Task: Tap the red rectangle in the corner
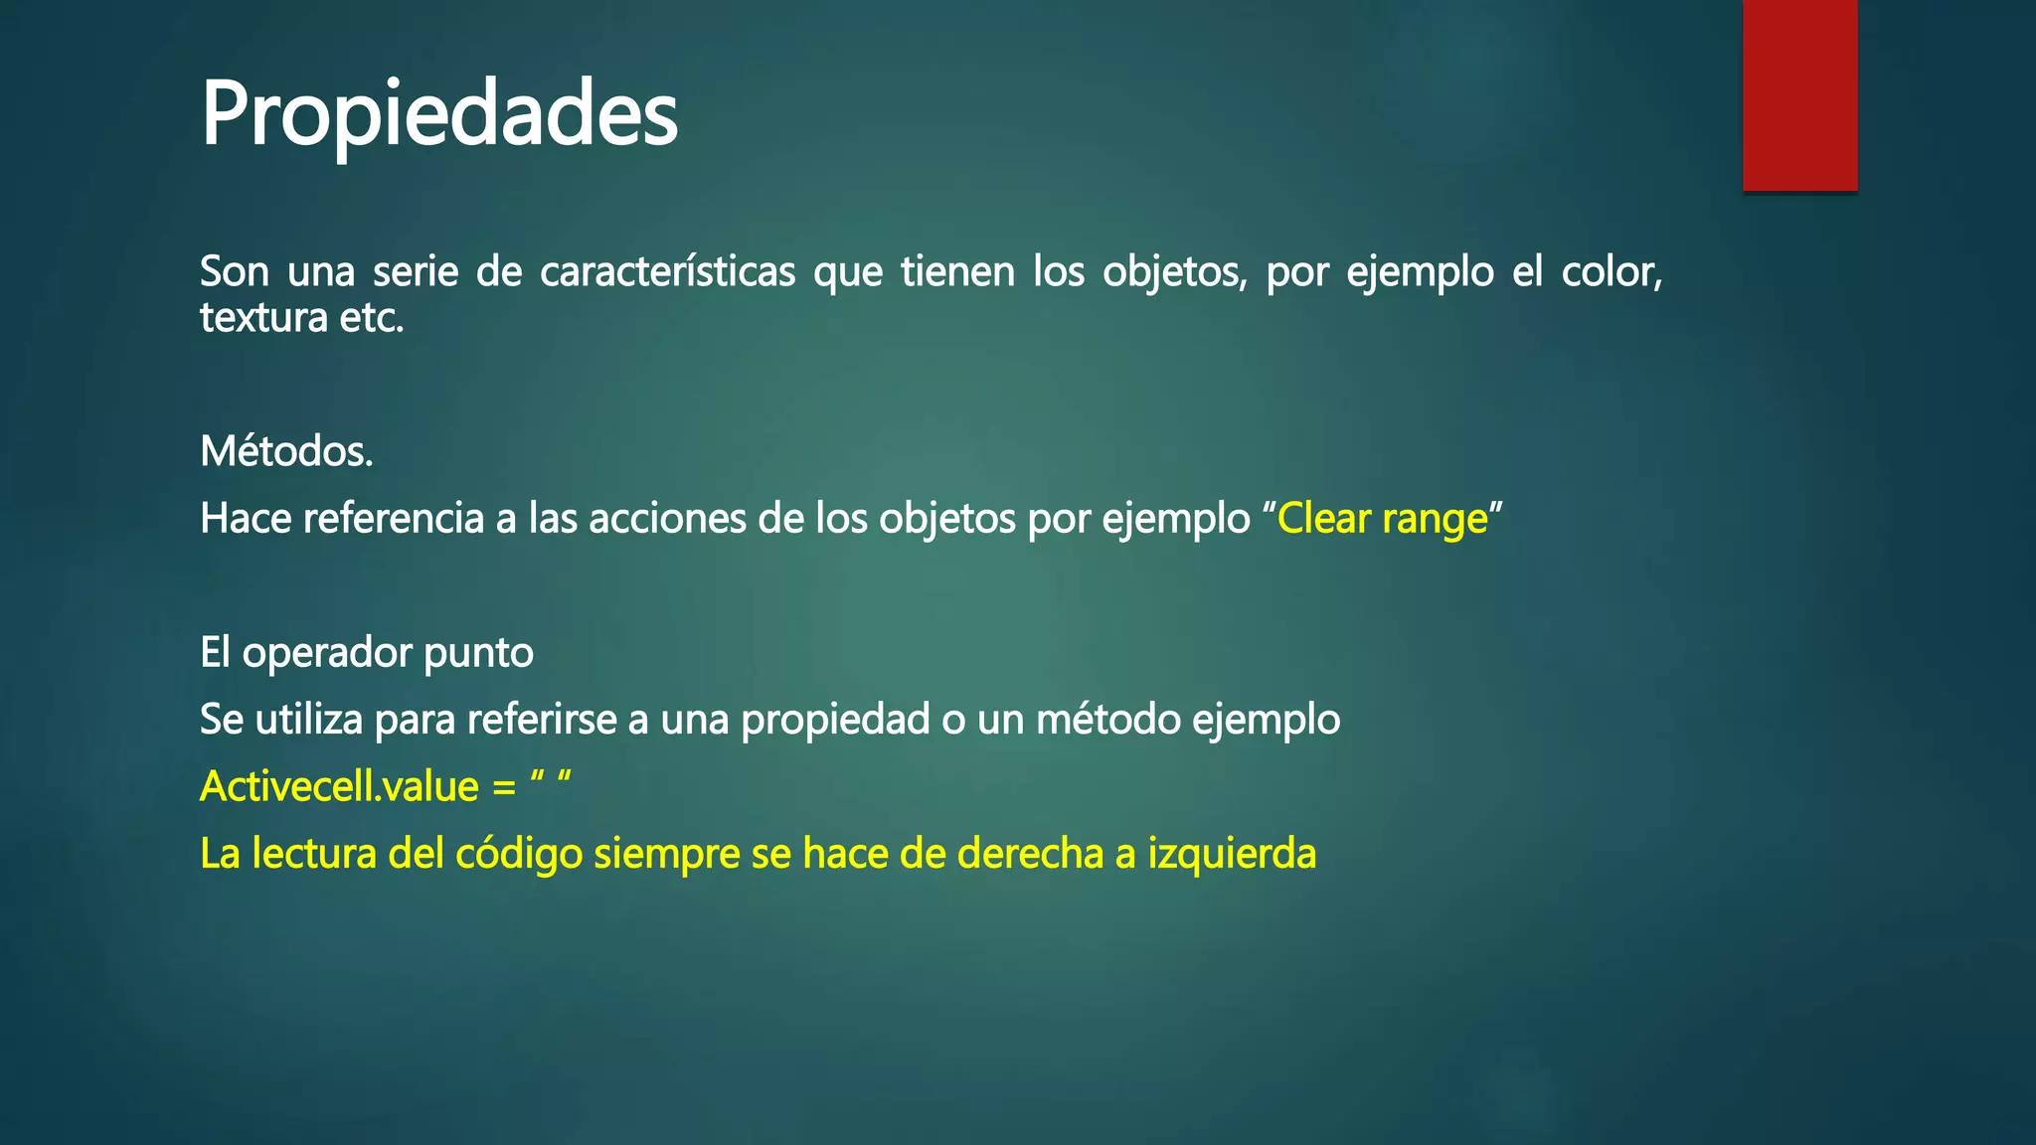[1799, 94]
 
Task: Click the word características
[667, 271]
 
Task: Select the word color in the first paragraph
[1611, 271]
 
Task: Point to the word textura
[263, 318]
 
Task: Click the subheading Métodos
[286, 451]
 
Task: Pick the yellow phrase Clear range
[1382, 519]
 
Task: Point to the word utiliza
[309, 720]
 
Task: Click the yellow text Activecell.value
[339, 786]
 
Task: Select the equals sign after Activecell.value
[504, 787]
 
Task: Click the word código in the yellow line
[518, 854]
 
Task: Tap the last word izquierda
[1232, 854]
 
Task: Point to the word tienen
[957, 271]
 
